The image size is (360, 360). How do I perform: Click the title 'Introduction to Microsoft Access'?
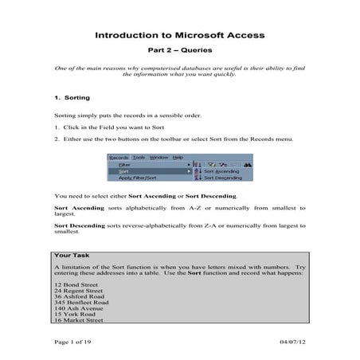(x=179, y=36)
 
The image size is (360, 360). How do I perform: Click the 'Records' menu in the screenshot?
(x=119, y=158)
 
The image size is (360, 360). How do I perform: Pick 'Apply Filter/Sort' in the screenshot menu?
(x=137, y=178)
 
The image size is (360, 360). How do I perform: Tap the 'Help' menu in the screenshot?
(x=178, y=158)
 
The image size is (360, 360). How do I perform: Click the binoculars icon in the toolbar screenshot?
(x=248, y=164)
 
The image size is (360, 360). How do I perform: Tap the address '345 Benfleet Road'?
(x=84, y=303)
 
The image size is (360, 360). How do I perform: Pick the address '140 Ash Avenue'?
(x=80, y=310)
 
